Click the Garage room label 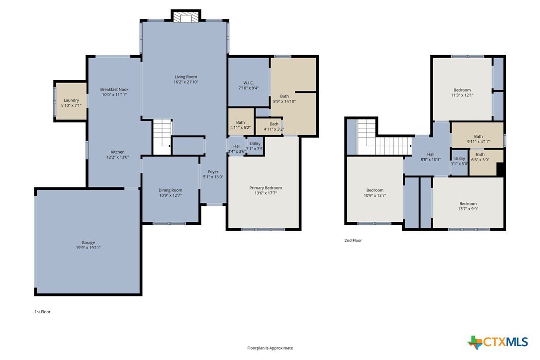tap(88, 243)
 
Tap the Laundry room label tap(71, 100)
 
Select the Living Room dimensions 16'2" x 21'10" tap(186, 82)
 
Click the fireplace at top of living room tap(186, 17)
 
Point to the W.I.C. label tap(248, 83)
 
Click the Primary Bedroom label tap(266, 188)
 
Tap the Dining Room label tap(170, 190)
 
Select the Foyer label tap(213, 172)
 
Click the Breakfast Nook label tap(114, 90)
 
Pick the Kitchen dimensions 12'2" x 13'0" tap(117, 157)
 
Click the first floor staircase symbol tap(162, 137)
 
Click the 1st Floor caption tap(42, 312)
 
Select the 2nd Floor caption tap(353, 241)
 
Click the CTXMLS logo tap(497, 342)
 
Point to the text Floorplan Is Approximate tap(270, 348)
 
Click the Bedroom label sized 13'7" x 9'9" tap(468, 203)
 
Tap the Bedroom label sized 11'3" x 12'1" tap(462, 90)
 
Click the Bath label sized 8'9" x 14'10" tap(284, 96)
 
